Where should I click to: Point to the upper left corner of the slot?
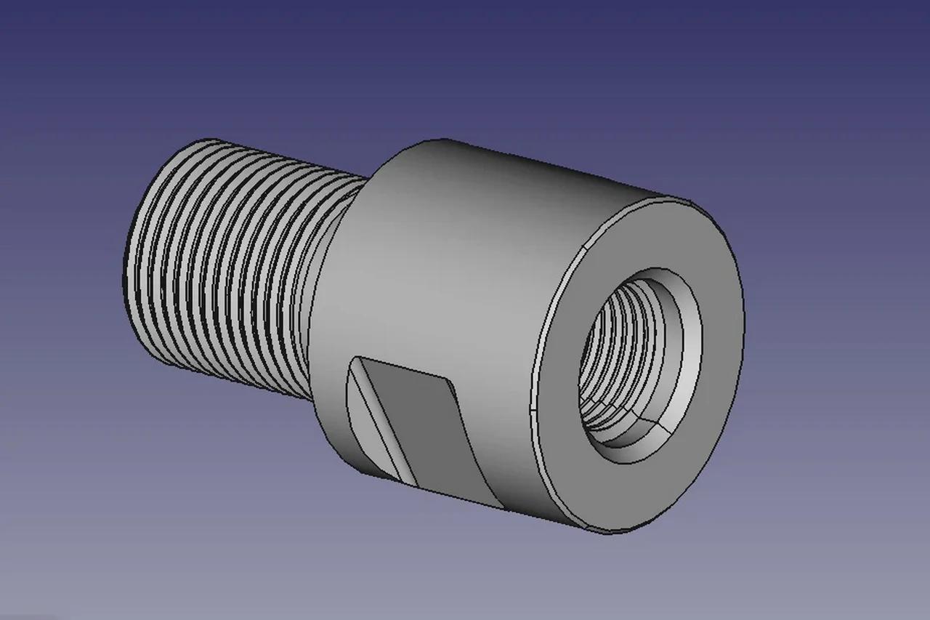354,358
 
